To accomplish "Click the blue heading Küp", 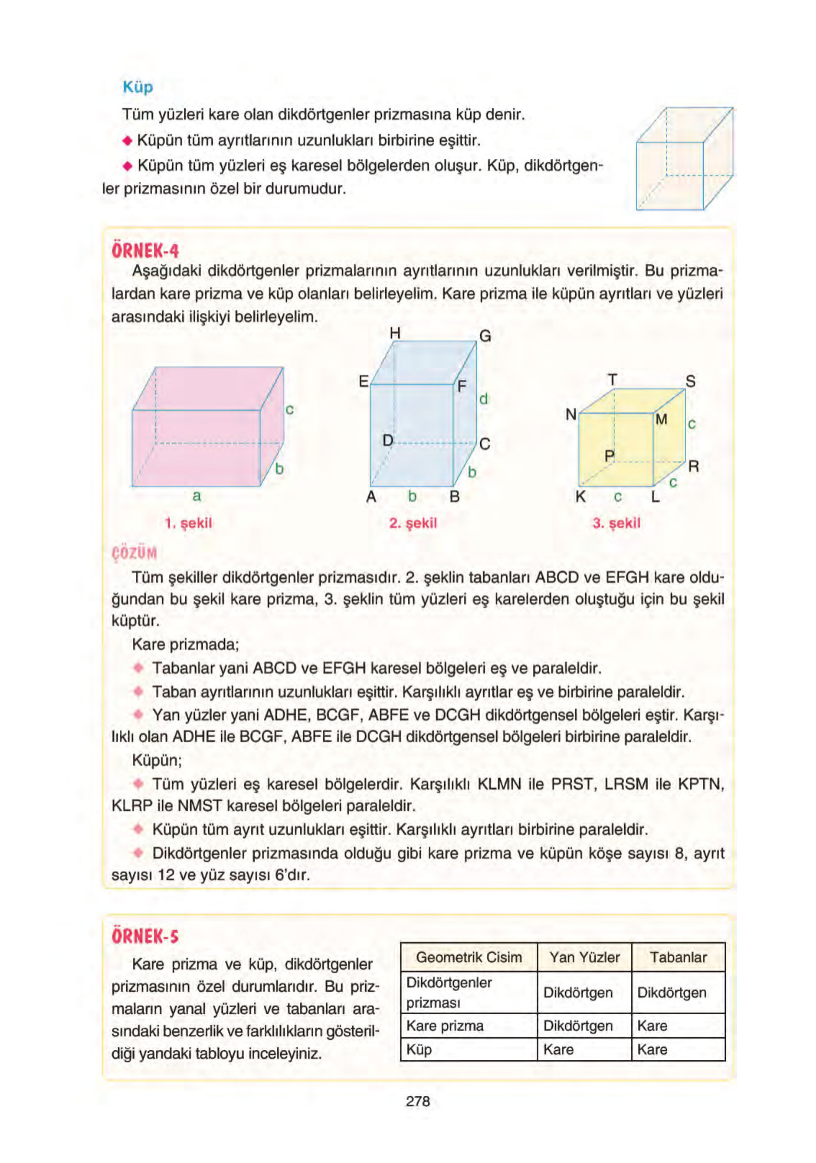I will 137,87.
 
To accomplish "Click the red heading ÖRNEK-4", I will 145,251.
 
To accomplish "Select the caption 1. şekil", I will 189,523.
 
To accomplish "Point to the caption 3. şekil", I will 616,523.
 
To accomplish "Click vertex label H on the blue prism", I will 395,333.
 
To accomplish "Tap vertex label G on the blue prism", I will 485,336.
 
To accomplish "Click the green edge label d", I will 483,399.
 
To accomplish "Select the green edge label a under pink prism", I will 197,496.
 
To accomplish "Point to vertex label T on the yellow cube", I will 613,380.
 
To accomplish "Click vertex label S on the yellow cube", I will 690,381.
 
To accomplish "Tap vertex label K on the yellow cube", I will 580,497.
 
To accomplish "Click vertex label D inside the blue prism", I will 388,440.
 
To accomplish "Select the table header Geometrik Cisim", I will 469,957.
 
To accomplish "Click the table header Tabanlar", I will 678,957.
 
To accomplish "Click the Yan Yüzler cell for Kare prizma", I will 578,1026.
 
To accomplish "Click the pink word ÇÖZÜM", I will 134,553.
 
